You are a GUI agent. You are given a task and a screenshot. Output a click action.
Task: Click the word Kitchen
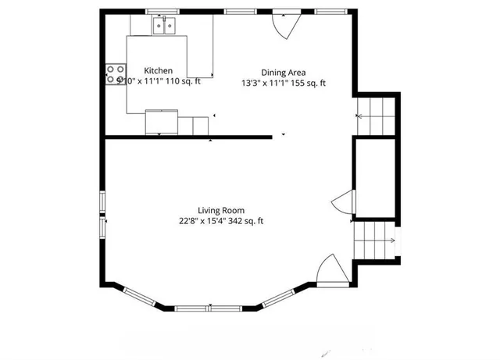[158, 71]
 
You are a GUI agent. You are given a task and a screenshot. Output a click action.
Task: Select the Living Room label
[221, 210]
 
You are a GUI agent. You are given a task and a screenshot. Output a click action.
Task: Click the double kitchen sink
[165, 27]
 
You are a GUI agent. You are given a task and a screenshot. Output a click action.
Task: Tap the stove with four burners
[112, 76]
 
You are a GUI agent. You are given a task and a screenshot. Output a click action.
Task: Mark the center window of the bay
[209, 308]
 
